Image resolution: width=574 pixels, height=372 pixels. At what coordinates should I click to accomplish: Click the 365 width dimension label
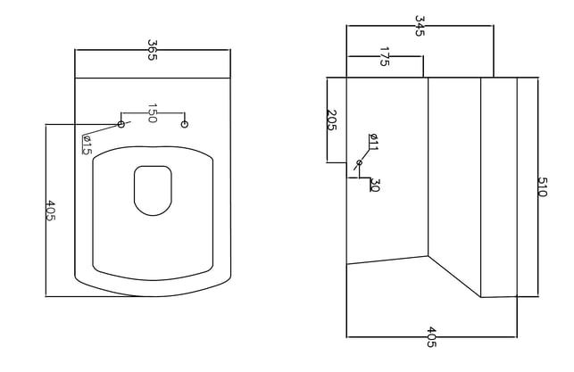(x=153, y=50)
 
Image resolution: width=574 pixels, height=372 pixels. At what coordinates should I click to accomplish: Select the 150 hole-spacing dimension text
(x=153, y=113)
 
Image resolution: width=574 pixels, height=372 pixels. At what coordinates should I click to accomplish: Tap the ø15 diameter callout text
(x=87, y=145)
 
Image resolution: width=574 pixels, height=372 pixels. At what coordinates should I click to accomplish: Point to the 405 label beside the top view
(x=51, y=211)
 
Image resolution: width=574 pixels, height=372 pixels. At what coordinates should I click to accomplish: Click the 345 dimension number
(x=420, y=26)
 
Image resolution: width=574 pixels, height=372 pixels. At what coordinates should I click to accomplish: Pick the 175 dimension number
(x=384, y=56)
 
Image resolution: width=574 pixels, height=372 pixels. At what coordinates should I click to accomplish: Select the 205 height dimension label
(x=331, y=120)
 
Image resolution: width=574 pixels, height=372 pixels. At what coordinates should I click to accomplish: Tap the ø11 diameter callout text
(x=373, y=142)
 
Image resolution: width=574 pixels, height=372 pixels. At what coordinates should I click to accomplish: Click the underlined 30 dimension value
(x=375, y=185)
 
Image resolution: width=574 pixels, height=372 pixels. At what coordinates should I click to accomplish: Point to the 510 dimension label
(x=542, y=187)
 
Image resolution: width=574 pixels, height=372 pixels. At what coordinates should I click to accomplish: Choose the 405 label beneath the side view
(x=431, y=337)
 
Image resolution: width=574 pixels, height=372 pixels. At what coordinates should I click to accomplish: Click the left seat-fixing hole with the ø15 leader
(x=121, y=124)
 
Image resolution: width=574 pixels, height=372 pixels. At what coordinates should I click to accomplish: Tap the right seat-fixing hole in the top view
(x=185, y=124)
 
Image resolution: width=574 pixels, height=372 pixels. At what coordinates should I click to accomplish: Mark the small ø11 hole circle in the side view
(x=359, y=162)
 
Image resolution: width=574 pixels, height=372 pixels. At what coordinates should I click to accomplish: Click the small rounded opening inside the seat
(x=153, y=191)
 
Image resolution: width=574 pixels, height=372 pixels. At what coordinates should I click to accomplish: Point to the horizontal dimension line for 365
(x=153, y=50)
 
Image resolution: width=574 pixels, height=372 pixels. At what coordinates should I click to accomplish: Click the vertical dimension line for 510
(x=537, y=187)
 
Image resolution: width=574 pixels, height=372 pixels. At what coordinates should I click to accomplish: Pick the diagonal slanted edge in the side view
(x=454, y=277)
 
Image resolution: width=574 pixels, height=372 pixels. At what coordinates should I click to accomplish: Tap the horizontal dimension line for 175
(x=385, y=56)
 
